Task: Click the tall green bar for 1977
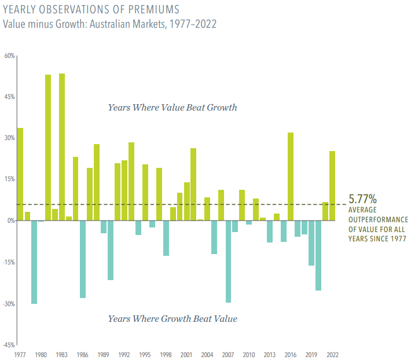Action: click(20, 174)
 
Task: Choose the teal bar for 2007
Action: click(228, 261)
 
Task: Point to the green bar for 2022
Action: click(332, 185)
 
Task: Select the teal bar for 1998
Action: click(166, 238)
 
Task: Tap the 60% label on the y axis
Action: click(10, 56)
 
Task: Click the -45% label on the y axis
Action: click(9, 345)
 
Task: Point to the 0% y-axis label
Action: click(11, 221)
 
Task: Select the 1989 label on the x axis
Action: click(104, 354)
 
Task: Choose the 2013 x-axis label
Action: click(270, 354)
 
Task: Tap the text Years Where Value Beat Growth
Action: click(173, 108)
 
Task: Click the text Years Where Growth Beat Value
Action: click(173, 319)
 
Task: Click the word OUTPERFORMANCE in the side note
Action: click(379, 220)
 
